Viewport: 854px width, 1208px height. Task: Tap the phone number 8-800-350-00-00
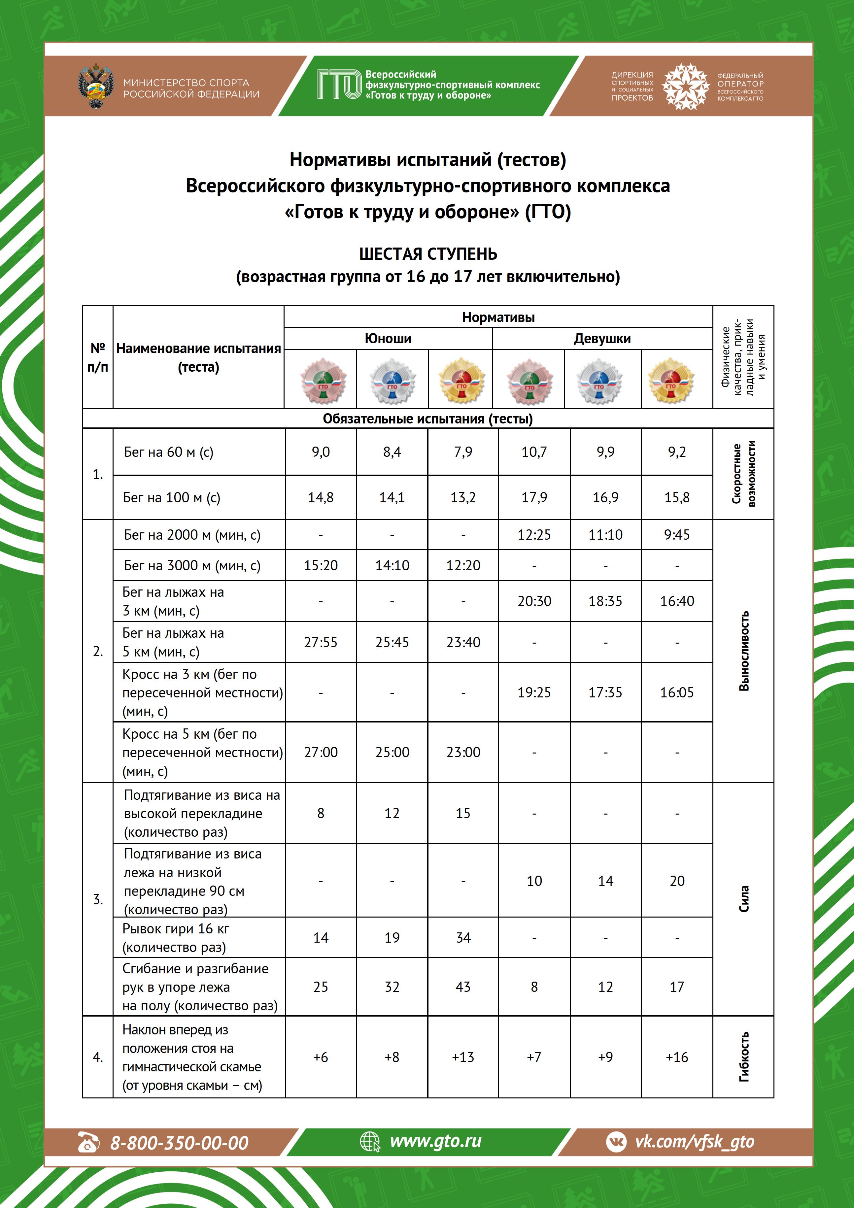179,1143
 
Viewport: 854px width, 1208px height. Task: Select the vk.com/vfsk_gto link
695,1141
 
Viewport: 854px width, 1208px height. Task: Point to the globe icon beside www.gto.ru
370,1142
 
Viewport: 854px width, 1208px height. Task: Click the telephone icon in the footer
88,1142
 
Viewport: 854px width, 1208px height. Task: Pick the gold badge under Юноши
461,380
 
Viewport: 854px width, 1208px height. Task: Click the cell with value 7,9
463,452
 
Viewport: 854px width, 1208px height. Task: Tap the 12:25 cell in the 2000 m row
534,535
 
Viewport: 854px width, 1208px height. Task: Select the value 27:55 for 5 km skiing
321,642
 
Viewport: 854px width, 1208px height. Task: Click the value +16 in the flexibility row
677,1057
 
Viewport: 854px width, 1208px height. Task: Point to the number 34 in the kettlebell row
463,938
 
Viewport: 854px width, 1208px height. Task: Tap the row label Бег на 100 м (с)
172,498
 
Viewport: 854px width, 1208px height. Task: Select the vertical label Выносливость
743,651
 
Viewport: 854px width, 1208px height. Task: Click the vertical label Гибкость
743,1057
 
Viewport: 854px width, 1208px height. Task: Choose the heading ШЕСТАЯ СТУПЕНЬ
428,254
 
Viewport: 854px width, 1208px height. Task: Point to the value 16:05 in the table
677,692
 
